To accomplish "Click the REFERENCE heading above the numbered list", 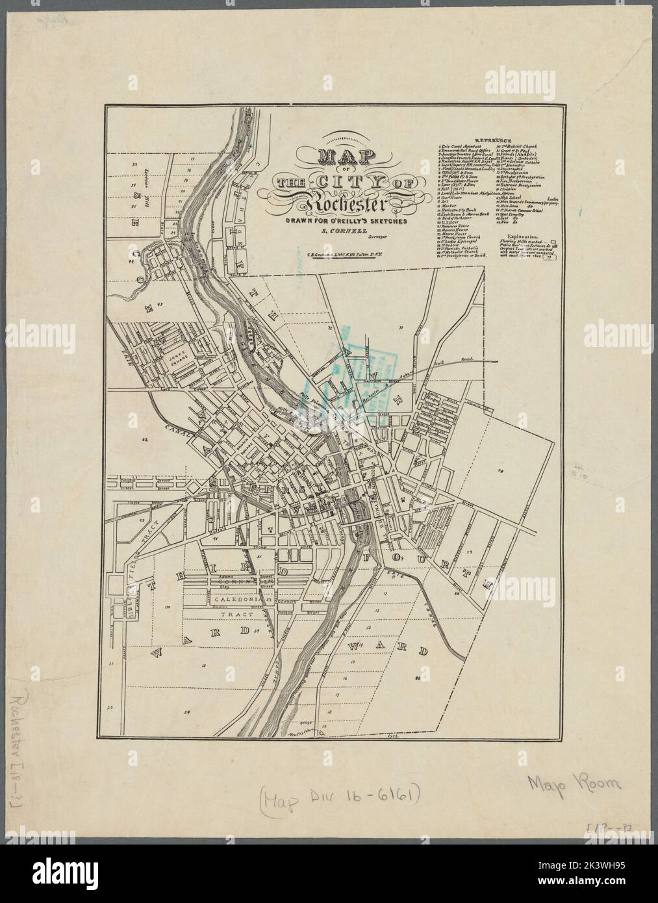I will pyautogui.click(x=493, y=140).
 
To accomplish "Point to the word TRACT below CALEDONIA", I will pyautogui.click(x=232, y=613).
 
